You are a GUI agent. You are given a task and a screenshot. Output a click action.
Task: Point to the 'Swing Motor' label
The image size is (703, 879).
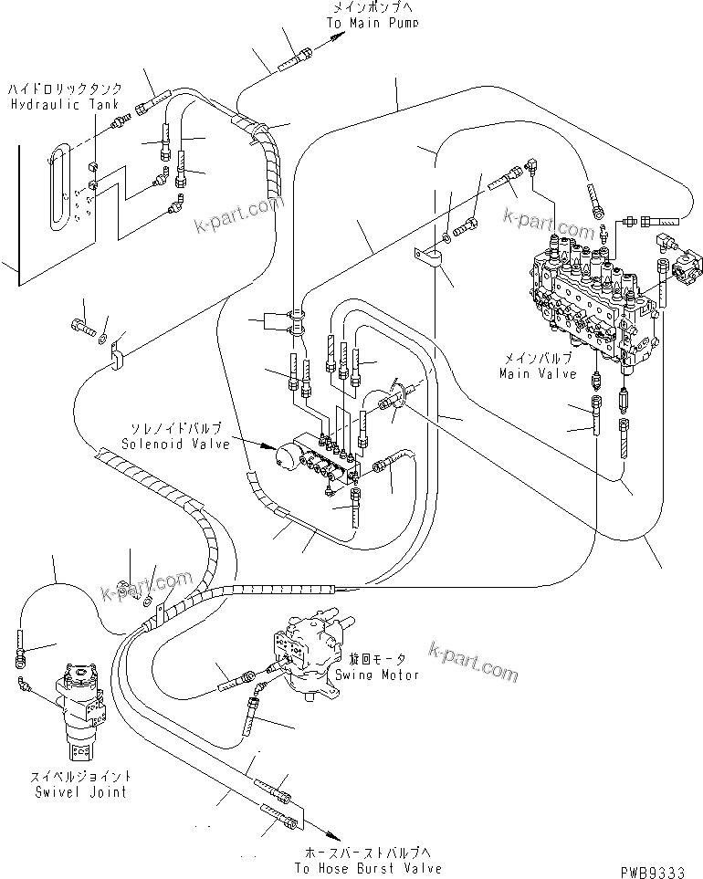click(377, 675)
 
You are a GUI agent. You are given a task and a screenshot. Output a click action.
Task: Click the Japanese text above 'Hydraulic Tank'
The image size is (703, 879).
click(58, 91)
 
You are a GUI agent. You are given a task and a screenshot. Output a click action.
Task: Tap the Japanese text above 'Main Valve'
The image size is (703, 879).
click(539, 360)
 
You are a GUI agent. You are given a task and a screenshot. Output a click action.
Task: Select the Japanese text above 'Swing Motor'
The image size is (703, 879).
click(376, 659)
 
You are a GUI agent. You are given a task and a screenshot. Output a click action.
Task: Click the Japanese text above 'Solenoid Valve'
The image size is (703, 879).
click(180, 426)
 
